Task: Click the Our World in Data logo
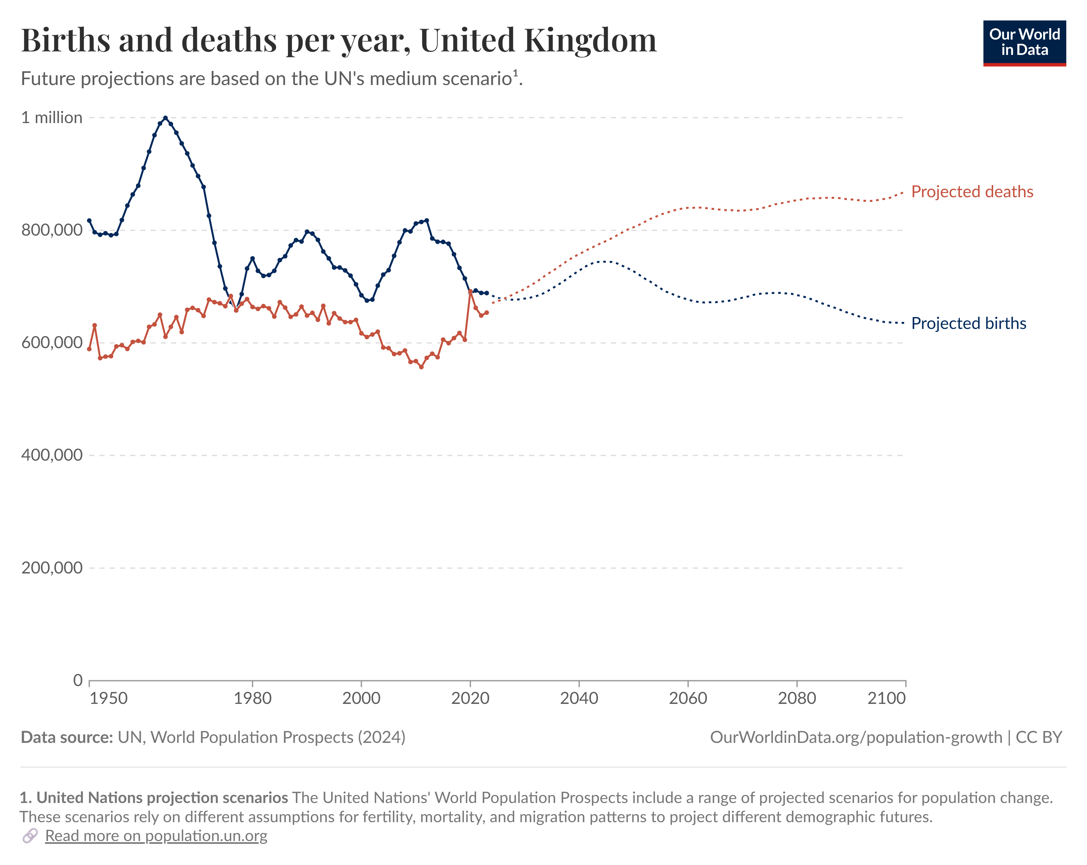pos(1024,43)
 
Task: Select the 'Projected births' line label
pos(968,323)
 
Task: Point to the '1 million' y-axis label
pos(51,117)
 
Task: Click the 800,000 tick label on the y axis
pos(51,230)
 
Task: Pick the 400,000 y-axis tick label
pos(51,455)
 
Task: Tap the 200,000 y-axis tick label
pos(51,568)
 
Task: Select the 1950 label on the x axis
pos(108,698)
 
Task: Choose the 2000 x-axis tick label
pos(361,698)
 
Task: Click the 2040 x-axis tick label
pos(579,698)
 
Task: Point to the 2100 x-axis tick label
pos(886,698)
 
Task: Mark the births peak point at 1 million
pos(165,118)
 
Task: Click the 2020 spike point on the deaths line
pos(470,291)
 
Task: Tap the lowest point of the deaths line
pos(421,367)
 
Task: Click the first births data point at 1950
pos(89,220)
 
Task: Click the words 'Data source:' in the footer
pos(66,737)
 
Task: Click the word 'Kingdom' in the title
pos(590,40)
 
